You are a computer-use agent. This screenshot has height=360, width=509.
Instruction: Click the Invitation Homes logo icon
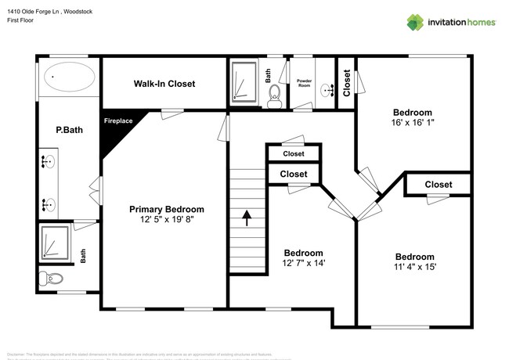(415, 22)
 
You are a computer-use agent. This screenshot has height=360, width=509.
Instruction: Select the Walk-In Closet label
(164, 83)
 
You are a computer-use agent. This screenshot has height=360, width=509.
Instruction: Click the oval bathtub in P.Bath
(69, 77)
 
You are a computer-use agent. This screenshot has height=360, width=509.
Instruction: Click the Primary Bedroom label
(167, 209)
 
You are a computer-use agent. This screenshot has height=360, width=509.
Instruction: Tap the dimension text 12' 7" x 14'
(303, 263)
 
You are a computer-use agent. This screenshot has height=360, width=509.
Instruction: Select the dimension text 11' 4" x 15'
(414, 267)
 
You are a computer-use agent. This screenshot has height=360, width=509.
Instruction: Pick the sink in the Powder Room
(327, 92)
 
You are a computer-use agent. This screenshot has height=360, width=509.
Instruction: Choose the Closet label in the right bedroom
(438, 185)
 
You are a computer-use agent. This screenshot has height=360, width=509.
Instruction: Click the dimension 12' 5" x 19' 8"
(167, 220)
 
